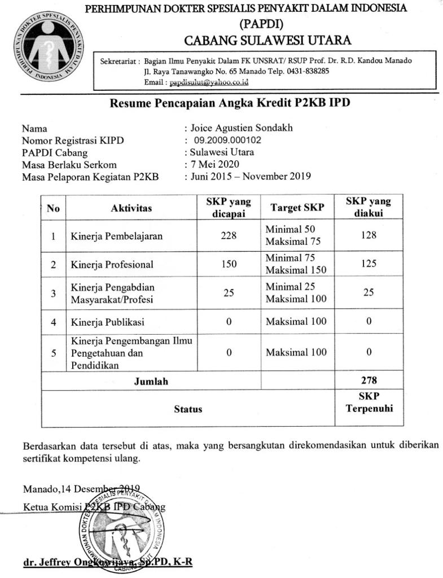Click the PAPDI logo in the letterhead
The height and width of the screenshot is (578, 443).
49,47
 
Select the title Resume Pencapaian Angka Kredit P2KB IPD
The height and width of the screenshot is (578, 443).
233,103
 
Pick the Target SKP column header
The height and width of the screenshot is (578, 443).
297,208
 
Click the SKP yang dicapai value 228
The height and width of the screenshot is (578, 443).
229,235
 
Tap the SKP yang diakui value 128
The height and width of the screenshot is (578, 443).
369,235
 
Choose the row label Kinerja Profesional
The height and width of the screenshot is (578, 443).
112,264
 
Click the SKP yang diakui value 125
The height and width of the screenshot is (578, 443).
369,264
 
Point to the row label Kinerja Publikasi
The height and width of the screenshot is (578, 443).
107,322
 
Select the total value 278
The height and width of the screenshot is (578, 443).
369,380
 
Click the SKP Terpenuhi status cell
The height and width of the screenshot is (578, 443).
369,401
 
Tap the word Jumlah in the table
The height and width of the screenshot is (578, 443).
151,382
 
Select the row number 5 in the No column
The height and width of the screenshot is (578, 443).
54,353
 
